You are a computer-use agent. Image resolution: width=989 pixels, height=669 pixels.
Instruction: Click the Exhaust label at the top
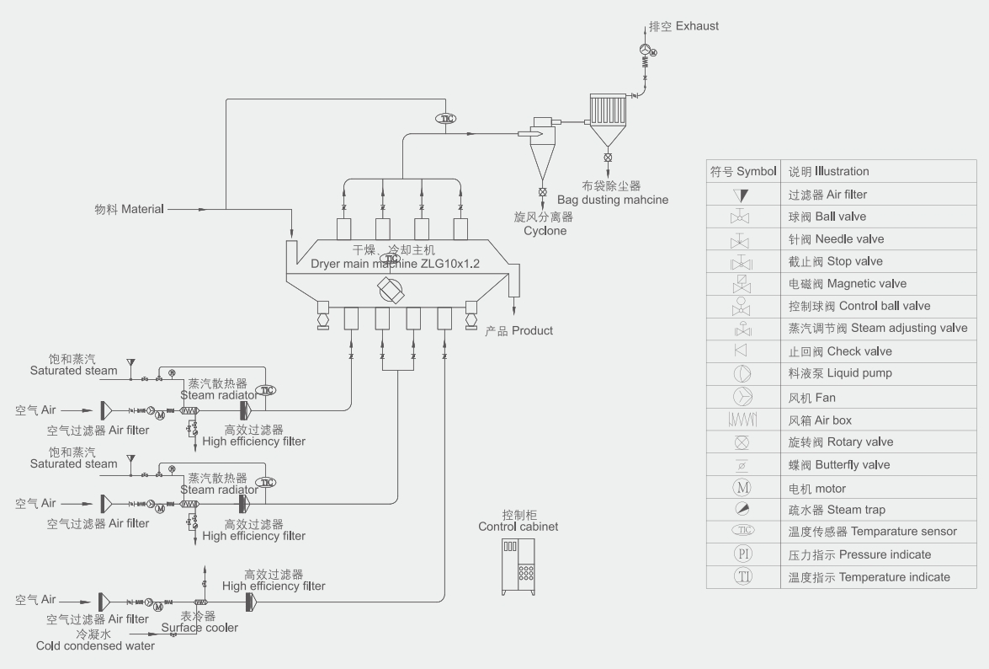[683, 26]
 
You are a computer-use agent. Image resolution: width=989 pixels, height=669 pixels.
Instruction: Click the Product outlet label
[519, 331]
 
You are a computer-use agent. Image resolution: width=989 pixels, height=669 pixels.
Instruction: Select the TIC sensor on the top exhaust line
[446, 119]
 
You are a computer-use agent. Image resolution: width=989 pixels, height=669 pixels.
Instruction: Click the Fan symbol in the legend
[742, 397]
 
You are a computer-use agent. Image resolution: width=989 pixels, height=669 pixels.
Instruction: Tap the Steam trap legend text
[837, 510]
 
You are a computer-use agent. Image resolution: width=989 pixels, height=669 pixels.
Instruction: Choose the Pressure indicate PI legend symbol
[742, 554]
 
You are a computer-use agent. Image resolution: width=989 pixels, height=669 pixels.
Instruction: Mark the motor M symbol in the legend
[742, 488]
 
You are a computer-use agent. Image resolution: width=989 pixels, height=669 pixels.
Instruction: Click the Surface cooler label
[199, 627]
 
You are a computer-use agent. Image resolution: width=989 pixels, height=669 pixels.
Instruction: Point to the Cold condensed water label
[95, 645]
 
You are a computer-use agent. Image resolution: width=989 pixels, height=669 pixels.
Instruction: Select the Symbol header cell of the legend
[742, 172]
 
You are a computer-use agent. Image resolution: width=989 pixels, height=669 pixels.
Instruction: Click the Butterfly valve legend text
[838, 465]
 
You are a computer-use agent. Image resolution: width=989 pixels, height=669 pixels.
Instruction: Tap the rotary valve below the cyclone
[541, 192]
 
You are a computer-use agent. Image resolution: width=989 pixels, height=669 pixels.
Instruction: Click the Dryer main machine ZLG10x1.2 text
[395, 264]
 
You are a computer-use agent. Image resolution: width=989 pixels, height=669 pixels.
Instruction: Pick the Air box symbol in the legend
[742, 420]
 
